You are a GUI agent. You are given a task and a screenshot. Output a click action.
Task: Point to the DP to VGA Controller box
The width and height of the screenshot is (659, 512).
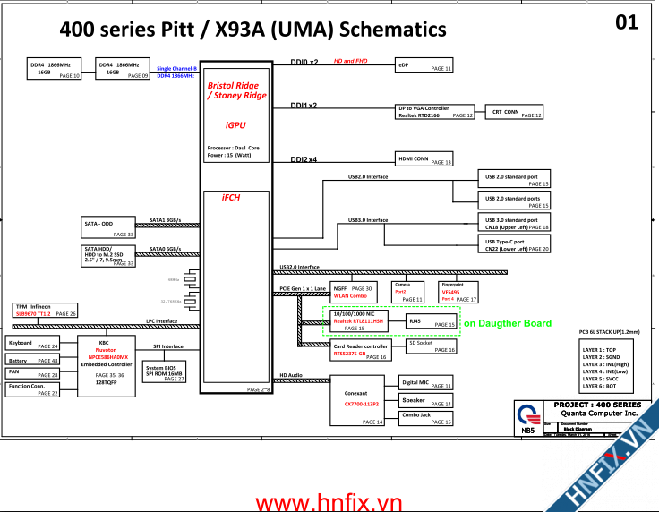click(435, 112)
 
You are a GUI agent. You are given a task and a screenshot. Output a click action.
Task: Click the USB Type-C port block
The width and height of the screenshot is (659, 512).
click(516, 243)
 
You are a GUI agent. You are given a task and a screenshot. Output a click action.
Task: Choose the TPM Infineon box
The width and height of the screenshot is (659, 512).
click(45, 311)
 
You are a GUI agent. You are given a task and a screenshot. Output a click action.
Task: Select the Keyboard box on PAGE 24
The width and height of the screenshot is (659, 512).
click(33, 345)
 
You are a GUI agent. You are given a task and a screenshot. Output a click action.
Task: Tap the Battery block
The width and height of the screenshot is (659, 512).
click(33, 360)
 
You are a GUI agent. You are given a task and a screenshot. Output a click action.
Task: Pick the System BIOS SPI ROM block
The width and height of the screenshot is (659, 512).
click(164, 371)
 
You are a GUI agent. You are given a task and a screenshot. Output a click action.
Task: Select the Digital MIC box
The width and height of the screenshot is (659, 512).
click(425, 384)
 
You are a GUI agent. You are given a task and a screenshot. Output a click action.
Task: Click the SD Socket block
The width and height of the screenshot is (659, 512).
click(432, 346)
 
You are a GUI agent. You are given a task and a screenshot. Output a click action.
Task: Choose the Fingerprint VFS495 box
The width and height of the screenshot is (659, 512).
click(458, 291)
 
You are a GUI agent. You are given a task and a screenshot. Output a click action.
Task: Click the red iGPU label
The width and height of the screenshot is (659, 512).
click(235, 126)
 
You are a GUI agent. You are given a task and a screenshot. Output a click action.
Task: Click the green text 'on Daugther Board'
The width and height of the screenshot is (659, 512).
click(507, 323)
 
